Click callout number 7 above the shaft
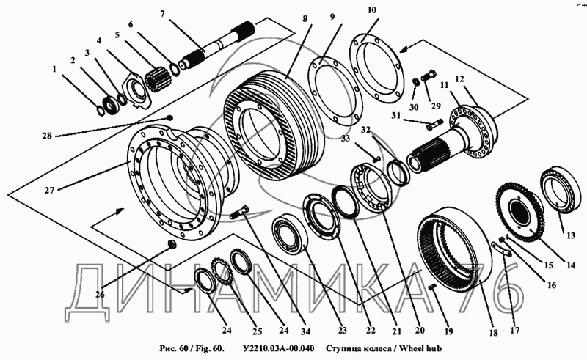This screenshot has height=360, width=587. tap(162, 14)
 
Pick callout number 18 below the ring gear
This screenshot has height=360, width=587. tap(493, 333)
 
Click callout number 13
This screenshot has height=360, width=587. tap(571, 236)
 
